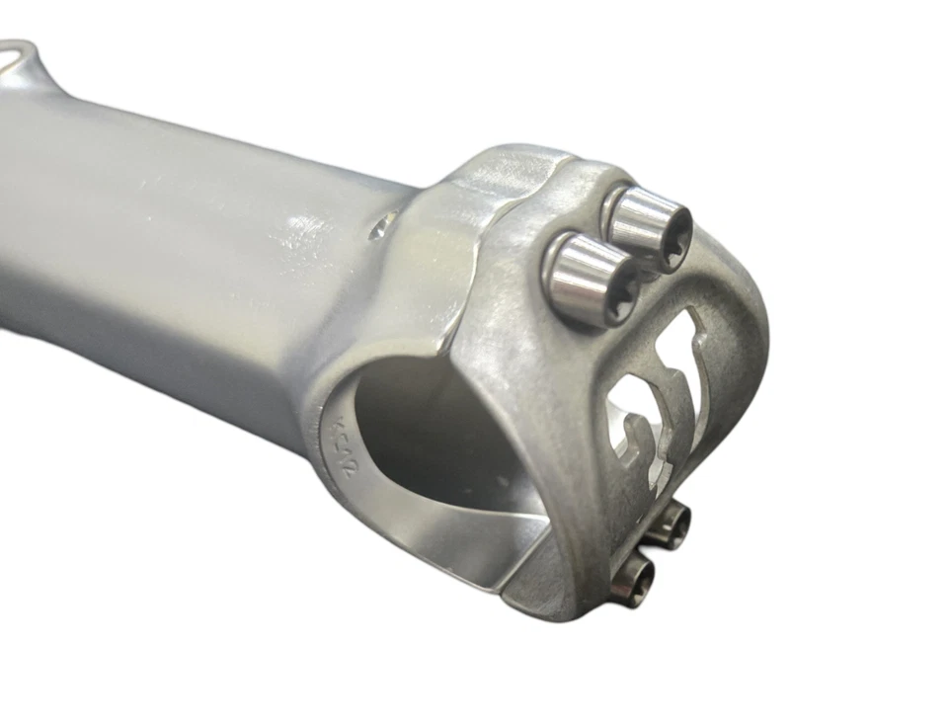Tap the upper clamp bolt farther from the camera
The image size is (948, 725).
[647, 227]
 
